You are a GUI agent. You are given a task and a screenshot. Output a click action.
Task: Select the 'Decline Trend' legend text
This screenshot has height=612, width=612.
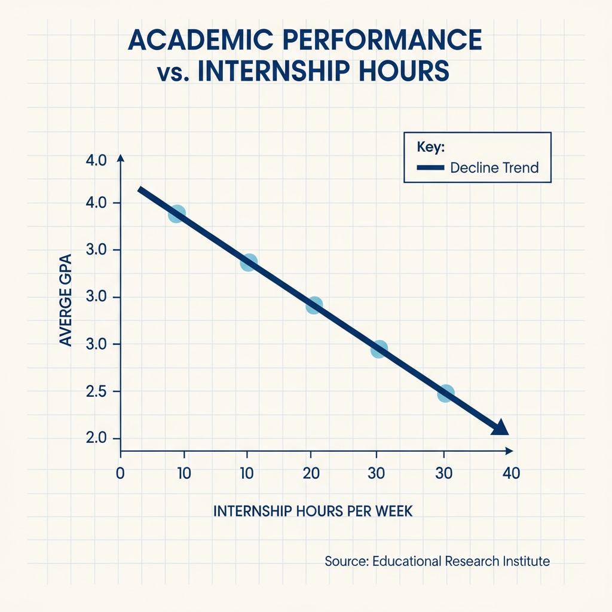click(494, 167)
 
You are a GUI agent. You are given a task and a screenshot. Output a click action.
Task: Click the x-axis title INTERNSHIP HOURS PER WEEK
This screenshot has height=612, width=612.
click(313, 512)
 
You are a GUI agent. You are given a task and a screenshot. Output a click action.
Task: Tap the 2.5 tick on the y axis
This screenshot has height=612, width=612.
click(96, 391)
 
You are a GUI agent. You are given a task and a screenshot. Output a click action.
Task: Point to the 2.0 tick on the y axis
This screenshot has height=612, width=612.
click(96, 439)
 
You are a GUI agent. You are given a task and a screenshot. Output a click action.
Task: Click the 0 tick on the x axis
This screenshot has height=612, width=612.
click(120, 473)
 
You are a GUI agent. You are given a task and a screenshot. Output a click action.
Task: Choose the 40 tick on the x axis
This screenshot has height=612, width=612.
click(512, 473)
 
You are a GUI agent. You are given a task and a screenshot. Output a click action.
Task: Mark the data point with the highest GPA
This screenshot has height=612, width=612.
click(176, 213)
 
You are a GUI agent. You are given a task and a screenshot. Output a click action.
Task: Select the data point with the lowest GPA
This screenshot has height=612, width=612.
click(445, 393)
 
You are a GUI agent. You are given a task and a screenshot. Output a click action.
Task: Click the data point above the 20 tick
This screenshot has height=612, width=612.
click(314, 305)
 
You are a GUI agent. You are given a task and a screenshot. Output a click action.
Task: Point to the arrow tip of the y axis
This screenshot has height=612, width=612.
click(120, 157)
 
